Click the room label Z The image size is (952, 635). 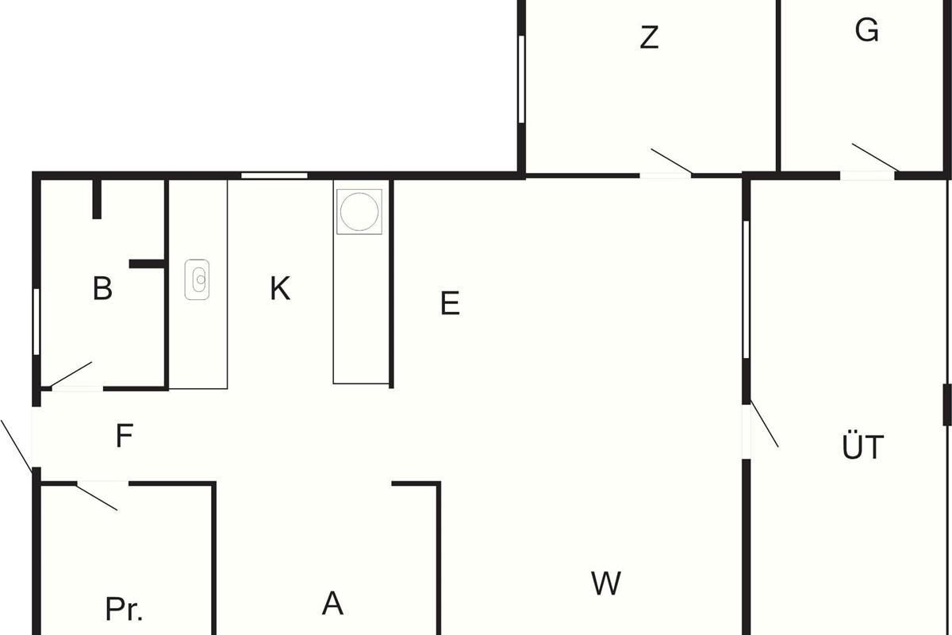pyautogui.click(x=649, y=37)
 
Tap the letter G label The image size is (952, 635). pyautogui.click(x=867, y=30)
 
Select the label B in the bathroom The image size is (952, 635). pyautogui.click(x=102, y=288)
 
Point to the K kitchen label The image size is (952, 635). pyautogui.click(x=279, y=288)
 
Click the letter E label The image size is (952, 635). pyautogui.click(x=450, y=303)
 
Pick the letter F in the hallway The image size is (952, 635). pyautogui.click(x=124, y=436)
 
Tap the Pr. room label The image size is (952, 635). pyautogui.click(x=125, y=609)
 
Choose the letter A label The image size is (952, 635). pyautogui.click(x=332, y=604)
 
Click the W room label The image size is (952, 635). pyautogui.click(x=606, y=584)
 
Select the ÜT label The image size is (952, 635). pyautogui.click(x=862, y=448)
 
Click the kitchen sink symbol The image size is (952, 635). pyautogui.click(x=198, y=279)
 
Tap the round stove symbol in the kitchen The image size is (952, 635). pyautogui.click(x=359, y=211)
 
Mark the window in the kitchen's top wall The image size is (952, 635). pyautogui.click(x=274, y=175)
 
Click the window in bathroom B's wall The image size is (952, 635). pyautogui.click(x=36, y=321)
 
